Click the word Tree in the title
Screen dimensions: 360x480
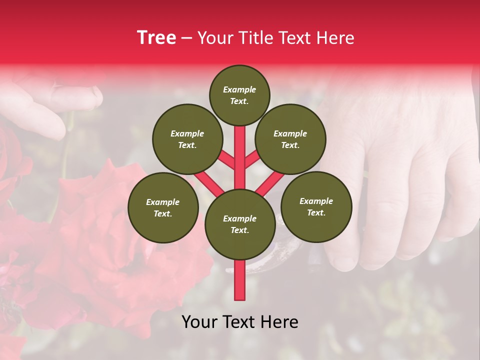pyautogui.click(x=156, y=38)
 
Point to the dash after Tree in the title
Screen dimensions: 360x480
pyautogui.click(x=186, y=38)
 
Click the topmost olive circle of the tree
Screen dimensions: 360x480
pyautogui.click(x=239, y=95)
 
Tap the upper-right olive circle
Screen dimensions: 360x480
pyautogui.click(x=290, y=139)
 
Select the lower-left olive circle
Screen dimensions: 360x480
pyautogui.click(x=163, y=207)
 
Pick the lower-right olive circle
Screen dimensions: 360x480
pyautogui.click(x=316, y=206)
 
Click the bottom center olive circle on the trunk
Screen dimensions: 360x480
pyautogui.click(x=240, y=224)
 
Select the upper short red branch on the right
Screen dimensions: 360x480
pyautogui.click(x=251, y=160)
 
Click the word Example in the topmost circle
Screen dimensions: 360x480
pyautogui.click(x=239, y=89)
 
